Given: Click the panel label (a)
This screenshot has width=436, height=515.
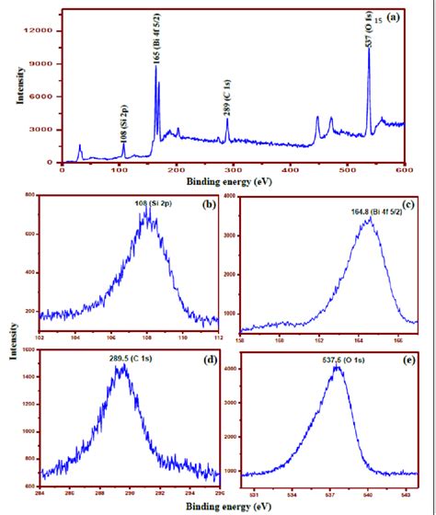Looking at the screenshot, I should [393, 17].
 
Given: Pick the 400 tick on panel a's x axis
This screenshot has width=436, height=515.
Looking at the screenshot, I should [291, 170].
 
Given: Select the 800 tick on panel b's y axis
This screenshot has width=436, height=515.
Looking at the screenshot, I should [30, 197].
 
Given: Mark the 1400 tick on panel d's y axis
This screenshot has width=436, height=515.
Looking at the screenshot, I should [29, 378].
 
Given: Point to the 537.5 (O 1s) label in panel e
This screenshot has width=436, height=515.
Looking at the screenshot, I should [342, 361].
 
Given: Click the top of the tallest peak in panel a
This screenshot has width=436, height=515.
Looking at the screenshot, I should [369, 50].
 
